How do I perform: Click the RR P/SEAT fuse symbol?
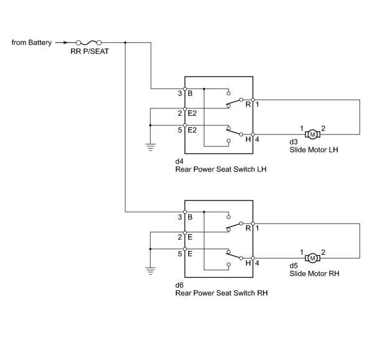88,43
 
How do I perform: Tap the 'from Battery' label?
32,42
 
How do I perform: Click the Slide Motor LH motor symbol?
313,135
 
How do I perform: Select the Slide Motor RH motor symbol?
313,258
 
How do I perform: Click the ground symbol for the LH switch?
150,147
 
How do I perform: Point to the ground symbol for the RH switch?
150,270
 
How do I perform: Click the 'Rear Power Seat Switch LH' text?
221,169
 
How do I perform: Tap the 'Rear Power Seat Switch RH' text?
221,293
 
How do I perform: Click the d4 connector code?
179,161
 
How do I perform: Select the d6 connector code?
179,285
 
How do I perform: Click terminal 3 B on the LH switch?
185,89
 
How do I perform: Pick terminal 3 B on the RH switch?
185,212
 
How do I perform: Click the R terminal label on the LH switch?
248,105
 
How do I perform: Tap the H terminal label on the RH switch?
248,263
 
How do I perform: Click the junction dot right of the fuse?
125,43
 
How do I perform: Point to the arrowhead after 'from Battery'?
66,43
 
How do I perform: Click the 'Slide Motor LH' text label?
314,149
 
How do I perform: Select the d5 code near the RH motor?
293,265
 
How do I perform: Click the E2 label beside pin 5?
192,130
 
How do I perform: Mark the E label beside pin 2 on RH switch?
190,237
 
